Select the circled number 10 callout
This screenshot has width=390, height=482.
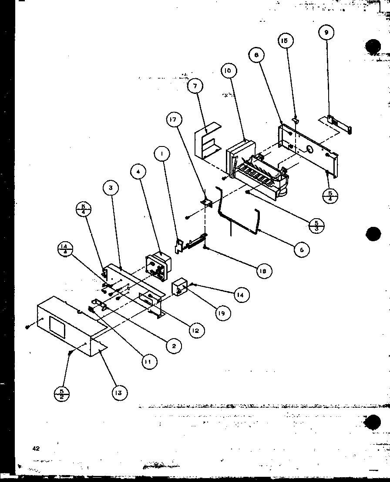pos(229,71)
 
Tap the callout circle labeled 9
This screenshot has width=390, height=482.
pos(326,32)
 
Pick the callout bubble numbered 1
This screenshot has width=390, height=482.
pos(161,154)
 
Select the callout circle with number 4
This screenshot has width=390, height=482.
pos(138,172)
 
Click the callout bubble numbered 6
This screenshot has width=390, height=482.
pos(301,249)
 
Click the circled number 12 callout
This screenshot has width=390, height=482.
pos(197,330)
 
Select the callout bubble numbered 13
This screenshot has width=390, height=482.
pos(119,393)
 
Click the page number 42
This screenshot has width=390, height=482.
pos(36,448)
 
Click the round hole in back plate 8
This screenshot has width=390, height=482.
pos(309,150)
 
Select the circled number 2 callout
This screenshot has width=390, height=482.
pos(174,346)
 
